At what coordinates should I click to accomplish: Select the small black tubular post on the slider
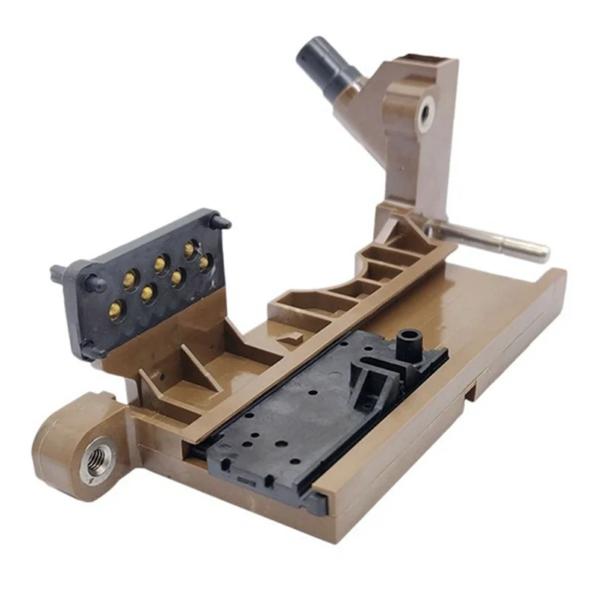pyautogui.click(x=407, y=343)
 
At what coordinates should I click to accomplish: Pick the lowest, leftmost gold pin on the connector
pyautogui.click(x=116, y=308)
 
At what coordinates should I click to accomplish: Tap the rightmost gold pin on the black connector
pyautogui.click(x=204, y=263)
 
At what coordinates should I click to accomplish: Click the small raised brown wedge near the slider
pyautogui.click(x=291, y=337)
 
